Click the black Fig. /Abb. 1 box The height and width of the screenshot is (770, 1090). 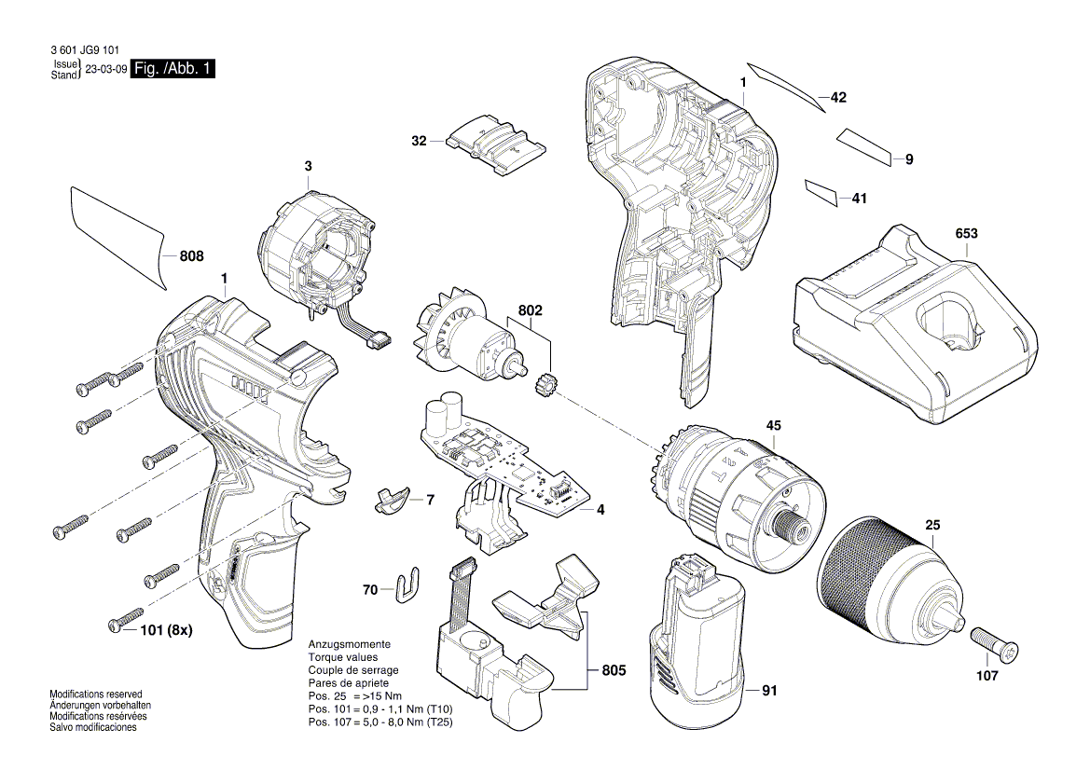click(173, 69)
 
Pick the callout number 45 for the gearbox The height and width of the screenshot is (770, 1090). click(774, 425)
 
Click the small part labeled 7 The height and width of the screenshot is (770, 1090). click(392, 498)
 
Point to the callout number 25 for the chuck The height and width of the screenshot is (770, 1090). click(933, 526)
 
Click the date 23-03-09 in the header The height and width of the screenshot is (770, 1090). click(106, 70)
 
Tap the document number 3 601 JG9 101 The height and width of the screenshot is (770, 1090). click(80, 53)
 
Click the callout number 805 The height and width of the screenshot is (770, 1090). click(614, 669)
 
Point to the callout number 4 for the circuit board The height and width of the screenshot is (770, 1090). click(600, 510)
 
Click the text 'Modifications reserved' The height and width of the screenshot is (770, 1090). click(95, 694)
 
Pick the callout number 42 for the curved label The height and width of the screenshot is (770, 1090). click(838, 97)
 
